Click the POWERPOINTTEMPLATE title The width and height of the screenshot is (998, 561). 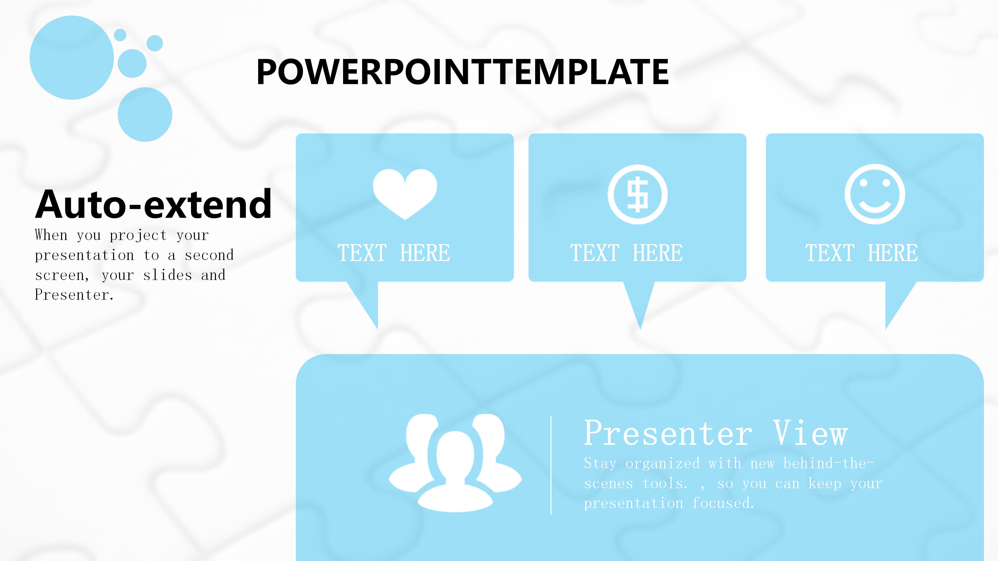tap(463, 72)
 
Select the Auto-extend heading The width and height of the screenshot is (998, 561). tap(153, 204)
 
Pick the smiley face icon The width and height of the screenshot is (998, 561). tap(875, 194)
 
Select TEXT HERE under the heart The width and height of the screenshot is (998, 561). tap(394, 253)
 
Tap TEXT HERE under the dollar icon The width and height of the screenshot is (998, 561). tap(626, 253)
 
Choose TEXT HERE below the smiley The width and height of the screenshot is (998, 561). tap(862, 253)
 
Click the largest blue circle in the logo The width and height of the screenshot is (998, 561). tap(72, 58)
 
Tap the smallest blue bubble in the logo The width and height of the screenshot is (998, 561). tap(120, 35)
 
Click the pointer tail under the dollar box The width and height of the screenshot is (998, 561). tap(639, 302)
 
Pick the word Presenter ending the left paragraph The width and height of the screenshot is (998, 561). tap(74, 295)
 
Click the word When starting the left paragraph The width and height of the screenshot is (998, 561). tap(51, 235)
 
